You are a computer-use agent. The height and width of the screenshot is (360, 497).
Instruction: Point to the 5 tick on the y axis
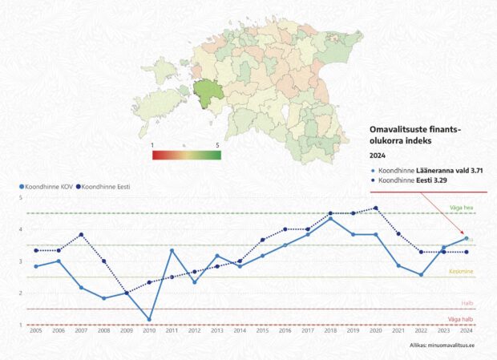(x=21, y=197)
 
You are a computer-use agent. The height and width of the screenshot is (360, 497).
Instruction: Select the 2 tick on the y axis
(x=21, y=293)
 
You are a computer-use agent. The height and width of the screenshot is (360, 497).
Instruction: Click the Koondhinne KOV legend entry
(x=45, y=187)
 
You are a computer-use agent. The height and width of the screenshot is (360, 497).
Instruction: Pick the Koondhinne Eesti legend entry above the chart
(x=104, y=187)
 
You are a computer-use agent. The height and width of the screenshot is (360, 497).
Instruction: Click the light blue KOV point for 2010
(x=148, y=319)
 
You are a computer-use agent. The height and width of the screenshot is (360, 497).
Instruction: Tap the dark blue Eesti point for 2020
(x=376, y=208)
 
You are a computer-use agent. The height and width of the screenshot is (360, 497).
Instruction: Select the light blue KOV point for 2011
(x=172, y=251)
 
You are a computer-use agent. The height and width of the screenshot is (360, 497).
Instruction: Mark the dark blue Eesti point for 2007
(x=81, y=235)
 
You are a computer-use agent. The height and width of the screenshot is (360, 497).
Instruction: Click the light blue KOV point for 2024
(x=467, y=238)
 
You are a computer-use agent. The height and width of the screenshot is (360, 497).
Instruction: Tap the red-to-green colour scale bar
(x=186, y=155)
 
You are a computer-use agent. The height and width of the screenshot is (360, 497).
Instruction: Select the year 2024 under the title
(x=377, y=156)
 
